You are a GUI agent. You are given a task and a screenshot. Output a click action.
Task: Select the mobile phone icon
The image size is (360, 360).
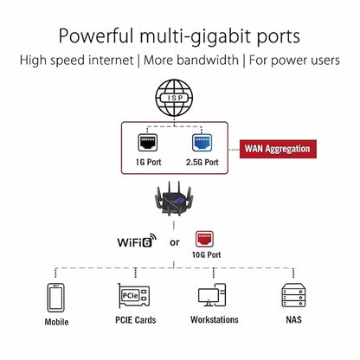pyautogui.click(x=56, y=298)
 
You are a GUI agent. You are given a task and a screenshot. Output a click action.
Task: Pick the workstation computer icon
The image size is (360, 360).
pyautogui.click(x=214, y=298)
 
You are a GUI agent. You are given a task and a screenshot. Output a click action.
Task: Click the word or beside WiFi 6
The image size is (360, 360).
pyautogui.click(x=174, y=242)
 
